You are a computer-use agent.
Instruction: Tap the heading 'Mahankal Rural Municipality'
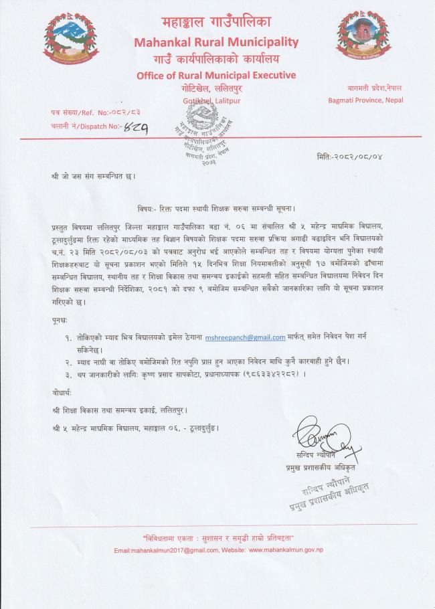click(215, 43)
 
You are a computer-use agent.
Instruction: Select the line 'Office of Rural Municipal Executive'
click(215, 75)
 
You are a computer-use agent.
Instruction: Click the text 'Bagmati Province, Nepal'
click(365, 101)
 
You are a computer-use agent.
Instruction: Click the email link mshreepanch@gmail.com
click(246, 337)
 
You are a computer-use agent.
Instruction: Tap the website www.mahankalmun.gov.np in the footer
click(286, 549)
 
